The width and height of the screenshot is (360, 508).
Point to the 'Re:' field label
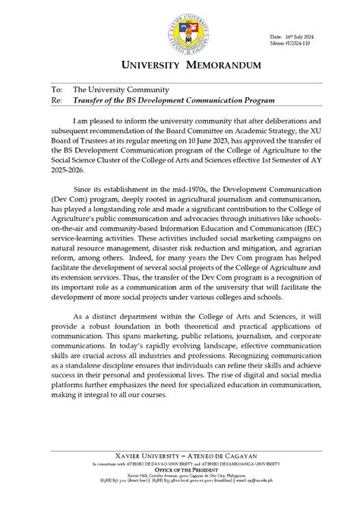click(x=57, y=99)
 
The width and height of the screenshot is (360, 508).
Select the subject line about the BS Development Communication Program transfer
click(x=168, y=99)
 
